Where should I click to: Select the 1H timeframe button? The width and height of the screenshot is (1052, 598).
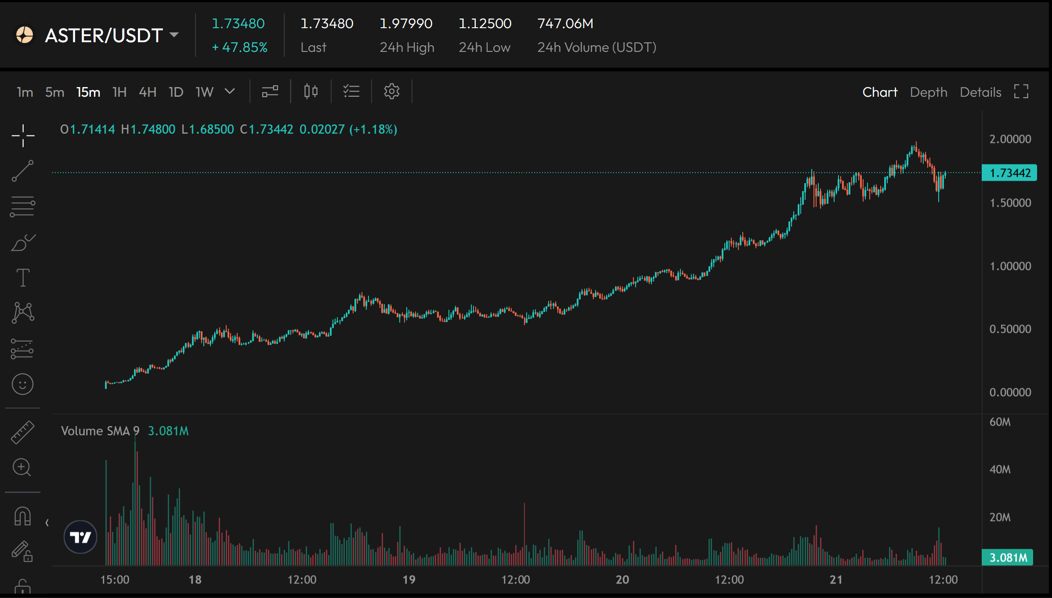point(119,92)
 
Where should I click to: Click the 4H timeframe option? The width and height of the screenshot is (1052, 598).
point(148,92)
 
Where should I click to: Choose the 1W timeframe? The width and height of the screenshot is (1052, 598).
point(204,92)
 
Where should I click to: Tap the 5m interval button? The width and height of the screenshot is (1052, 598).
point(55,92)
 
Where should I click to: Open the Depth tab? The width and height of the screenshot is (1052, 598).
point(929,92)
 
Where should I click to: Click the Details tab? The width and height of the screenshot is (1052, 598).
point(980,92)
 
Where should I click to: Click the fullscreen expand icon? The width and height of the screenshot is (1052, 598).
point(1021,91)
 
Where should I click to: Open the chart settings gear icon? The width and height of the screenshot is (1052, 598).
point(391,91)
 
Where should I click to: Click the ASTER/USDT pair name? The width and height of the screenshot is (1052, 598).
point(104,35)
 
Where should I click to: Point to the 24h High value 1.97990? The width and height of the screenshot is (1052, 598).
point(406,23)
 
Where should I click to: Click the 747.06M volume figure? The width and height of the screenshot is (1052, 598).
point(565,23)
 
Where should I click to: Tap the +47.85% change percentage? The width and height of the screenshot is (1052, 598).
point(240,47)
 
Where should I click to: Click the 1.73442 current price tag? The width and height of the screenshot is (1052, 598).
point(1009,173)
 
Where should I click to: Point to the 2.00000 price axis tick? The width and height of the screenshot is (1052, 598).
point(1010,139)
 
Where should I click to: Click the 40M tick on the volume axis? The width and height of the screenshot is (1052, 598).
point(1000,469)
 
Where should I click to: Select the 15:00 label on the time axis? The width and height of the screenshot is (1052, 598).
point(115,580)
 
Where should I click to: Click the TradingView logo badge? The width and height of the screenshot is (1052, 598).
point(80,537)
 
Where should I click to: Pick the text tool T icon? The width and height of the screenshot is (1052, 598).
point(23,277)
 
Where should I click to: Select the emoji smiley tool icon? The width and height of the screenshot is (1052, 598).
point(22,384)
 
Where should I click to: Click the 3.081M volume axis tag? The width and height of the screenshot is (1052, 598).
point(1008,558)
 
